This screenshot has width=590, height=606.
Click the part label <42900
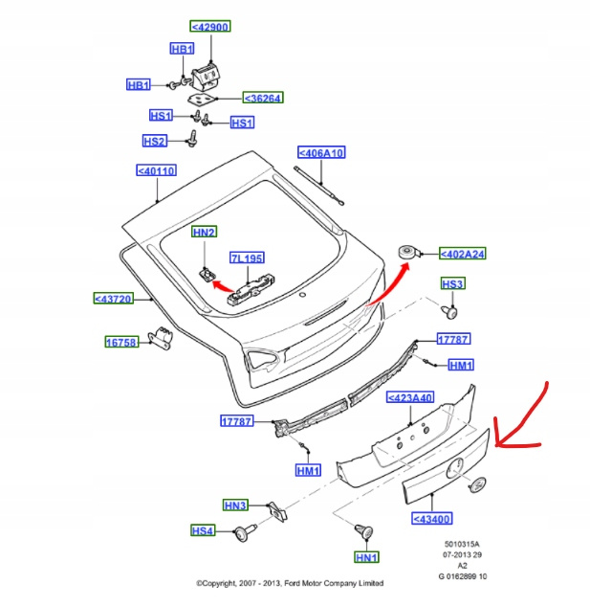point(209,27)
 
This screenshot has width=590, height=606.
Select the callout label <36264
point(262,98)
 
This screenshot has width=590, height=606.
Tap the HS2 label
point(155,142)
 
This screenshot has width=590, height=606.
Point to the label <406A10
point(320,152)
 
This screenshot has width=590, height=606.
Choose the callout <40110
point(157,171)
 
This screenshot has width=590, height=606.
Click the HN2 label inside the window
point(204,232)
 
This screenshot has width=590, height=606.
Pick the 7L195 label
point(246,258)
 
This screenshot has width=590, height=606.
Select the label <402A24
point(463,254)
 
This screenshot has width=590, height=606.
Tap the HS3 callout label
point(452,284)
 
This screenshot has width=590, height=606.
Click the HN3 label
point(235,505)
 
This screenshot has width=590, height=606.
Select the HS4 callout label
point(203,530)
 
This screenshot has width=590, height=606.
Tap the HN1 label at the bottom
point(365,557)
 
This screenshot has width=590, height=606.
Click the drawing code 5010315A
point(461,545)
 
